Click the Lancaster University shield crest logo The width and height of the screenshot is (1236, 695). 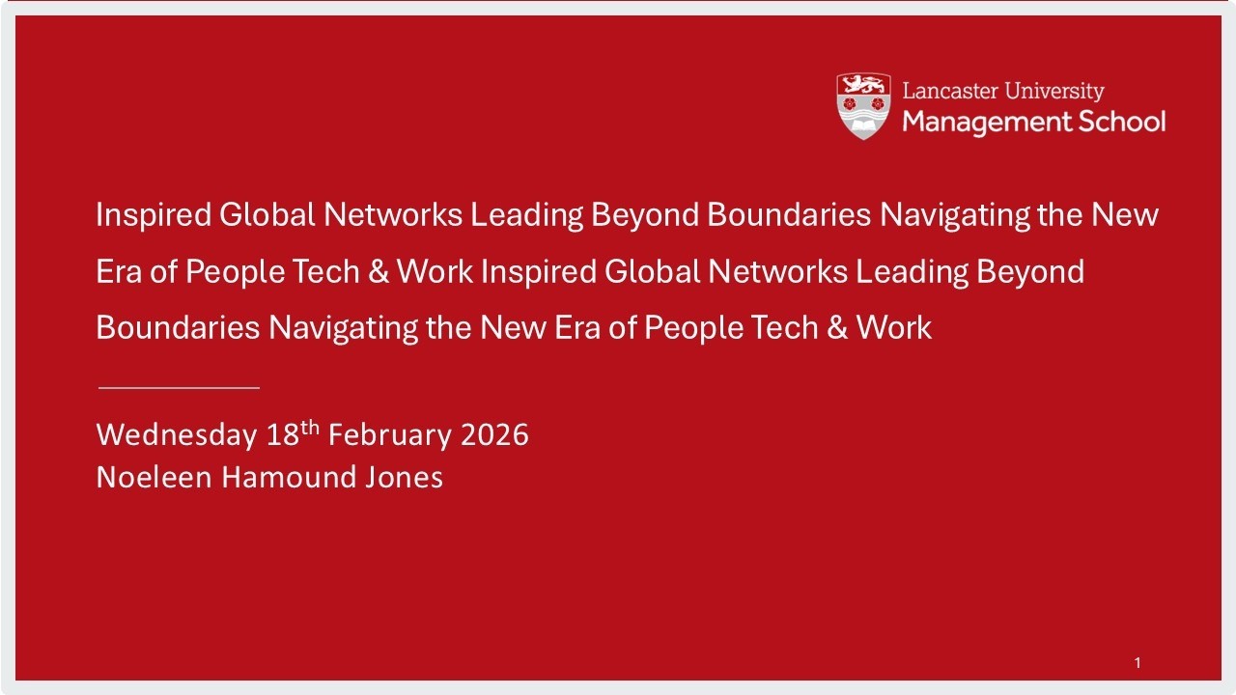coord(862,106)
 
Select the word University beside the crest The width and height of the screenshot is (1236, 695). coord(1054,92)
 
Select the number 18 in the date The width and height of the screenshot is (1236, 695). coord(283,435)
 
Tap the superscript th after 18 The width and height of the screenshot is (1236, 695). coord(310,428)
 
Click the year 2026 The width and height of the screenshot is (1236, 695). coord(494,435)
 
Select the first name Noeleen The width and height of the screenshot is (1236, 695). coord(154,478)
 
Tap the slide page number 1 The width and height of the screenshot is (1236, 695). coord(1138,662)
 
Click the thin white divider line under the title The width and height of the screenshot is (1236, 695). coord(179,387)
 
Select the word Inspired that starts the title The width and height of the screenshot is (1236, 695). coord(153,215)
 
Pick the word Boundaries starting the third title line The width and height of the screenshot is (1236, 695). coord(178,328)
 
